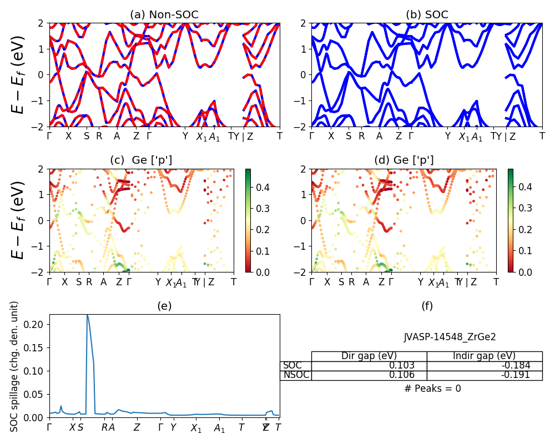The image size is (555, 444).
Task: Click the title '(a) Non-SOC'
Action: pyautogui.click(x=164, y=15)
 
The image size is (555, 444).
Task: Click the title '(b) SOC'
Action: pyautogui.click(x=427, y=15)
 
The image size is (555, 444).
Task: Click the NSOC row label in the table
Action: pyautogui.click(x=295, y=375)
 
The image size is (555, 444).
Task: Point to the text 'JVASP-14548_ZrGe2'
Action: pyautogui.click(x=450, y=337)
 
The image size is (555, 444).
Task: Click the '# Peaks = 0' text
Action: pyautogui.click(x=432, y=389)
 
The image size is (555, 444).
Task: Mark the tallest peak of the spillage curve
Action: pyautogui.click(x=87, y=315)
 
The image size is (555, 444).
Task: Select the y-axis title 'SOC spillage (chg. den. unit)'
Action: pyautogui.click(x=15, y=366)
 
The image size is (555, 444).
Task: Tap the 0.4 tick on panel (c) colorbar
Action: pyautogui.click(x=260, y=188)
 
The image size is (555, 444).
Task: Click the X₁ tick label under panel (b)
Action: pyautogui.click(x=465, y=137)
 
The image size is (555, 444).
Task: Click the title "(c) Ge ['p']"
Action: pyautogui.click(x=141, y=160)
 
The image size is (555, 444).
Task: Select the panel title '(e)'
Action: pyautogui.click(x=164, y=306)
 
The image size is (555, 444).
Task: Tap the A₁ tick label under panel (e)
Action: pyautogui.click(x=220, y=428)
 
